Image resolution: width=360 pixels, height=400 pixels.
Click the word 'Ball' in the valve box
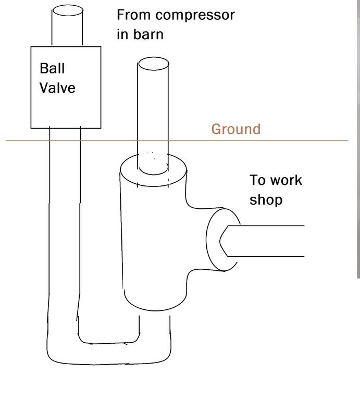click(x=52, y=68)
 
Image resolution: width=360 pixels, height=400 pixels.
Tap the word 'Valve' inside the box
click(x=57, y=87)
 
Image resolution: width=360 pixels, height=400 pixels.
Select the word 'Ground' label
click(x=235, y=129)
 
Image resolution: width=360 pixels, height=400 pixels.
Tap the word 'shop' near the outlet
click(x=266, y=200)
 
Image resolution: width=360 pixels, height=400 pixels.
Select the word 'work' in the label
click(x=287, y=181)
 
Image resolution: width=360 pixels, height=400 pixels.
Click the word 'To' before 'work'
click(x=258, y=181)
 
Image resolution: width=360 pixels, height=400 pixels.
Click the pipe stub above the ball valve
click(x=67, y=27)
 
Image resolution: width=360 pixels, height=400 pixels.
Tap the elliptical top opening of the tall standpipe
click(x=153, y=64)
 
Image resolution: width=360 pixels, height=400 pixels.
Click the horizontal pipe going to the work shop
click(x=271, y=241)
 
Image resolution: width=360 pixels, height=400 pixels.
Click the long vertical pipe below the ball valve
click(x=65, y=219)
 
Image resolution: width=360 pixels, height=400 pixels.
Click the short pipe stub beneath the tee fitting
click(x=155, y=326)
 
